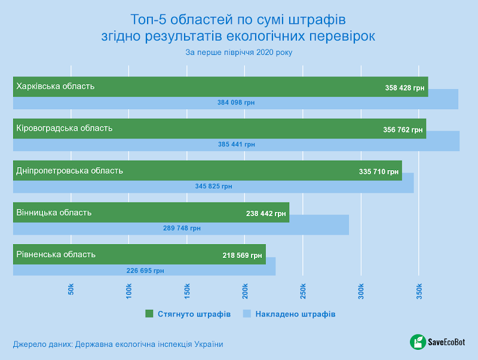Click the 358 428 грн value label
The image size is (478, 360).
click(x=405, y=88)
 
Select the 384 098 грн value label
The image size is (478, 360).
click(x=236, y=103)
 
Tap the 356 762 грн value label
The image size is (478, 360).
click(x=403, y=130)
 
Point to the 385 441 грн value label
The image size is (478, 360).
click(x=236, y=144)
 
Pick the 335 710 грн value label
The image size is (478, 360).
click(x=379, y=172)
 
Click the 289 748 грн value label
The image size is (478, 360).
click(x=182, y=228)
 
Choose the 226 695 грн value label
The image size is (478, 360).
click(x=145, y=270)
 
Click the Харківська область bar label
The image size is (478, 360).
click(x=56, y=86)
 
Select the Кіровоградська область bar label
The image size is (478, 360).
click(x=65, y=128)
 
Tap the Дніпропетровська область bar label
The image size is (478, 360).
click(x=70, y=170)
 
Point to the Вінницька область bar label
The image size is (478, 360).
click(x=54, y=212)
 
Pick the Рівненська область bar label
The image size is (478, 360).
click(x=56, y=254)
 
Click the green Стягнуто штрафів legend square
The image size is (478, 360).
click(x=149, y=313)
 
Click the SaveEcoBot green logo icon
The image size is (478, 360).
click(x=417, y=342)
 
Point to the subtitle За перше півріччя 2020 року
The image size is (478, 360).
click(x=239, y=52)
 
